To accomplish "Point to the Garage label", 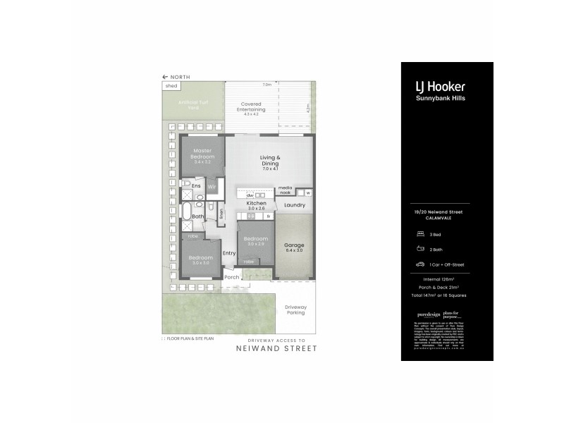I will click(x=294, y=245).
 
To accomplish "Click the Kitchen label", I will click(x=256, y=203).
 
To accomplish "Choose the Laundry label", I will click(x=294, y=205).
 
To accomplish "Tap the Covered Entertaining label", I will click(x=252, y=107).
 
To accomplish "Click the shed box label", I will click(x=171, y=86).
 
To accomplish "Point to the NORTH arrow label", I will click(x=180, y=77).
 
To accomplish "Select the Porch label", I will click(x=232, y=277).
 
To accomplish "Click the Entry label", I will click(x=229, y=253).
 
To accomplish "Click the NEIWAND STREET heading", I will click(x=276, y=348).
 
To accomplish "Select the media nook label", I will click(x=285, y=191).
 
